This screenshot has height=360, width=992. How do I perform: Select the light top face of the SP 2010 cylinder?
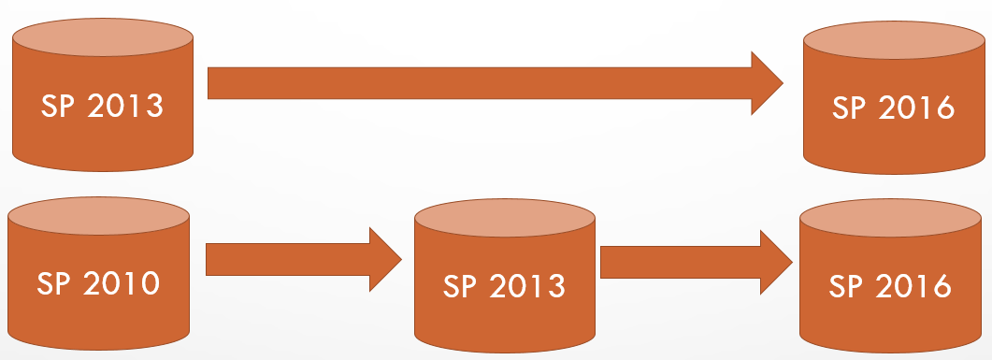click(x=98, y=216)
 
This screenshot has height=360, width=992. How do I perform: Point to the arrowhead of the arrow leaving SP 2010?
click(x=386, y=259)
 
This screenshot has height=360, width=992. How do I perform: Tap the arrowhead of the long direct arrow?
click(x=768, y=83)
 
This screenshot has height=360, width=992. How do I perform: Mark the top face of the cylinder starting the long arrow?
click(x=103, y=41)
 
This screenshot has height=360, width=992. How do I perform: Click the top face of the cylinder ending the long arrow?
click(x=894, y=43)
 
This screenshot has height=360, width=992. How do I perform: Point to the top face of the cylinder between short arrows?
click(x=505, y=219)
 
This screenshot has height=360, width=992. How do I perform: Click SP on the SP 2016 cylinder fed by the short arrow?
click(x=847, y=285)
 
